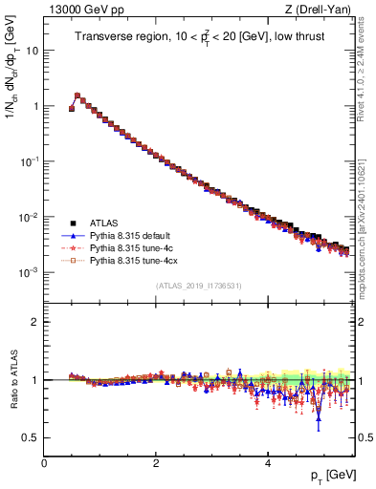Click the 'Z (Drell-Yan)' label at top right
coord(321,9)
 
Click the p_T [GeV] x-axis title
coord(328,476)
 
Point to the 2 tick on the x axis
coord(155,462)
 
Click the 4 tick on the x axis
coord(267,462)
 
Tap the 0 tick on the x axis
coord(44,462)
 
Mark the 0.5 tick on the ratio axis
coord(31,437)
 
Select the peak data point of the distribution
coord(77,96)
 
